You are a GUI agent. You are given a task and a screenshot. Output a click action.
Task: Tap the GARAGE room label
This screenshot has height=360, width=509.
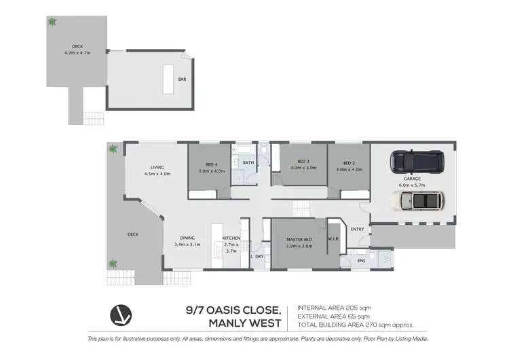[x=413, y=179]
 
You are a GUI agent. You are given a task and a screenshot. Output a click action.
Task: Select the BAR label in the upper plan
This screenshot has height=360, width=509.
[x=182, y=79]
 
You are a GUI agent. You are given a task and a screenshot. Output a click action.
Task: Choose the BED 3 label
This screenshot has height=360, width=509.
[x=299, y=160]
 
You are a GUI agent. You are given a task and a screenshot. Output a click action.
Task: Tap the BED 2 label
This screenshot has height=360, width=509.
[x=350, y=163]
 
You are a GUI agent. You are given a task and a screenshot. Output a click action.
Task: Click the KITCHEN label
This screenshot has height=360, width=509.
[x=231, y=238]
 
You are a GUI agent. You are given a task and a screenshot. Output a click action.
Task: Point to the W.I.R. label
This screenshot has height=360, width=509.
[x=333, y=238]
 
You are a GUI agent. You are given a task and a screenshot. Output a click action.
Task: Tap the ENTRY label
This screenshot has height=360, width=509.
[x=357, y=229]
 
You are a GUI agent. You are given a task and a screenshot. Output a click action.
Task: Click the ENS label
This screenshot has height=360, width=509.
[x=362, y=260]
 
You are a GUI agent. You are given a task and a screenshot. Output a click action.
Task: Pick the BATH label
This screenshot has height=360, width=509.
[x=248, y=163]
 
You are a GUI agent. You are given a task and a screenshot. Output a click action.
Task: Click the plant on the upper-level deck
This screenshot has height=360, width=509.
[x=52, y=22]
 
